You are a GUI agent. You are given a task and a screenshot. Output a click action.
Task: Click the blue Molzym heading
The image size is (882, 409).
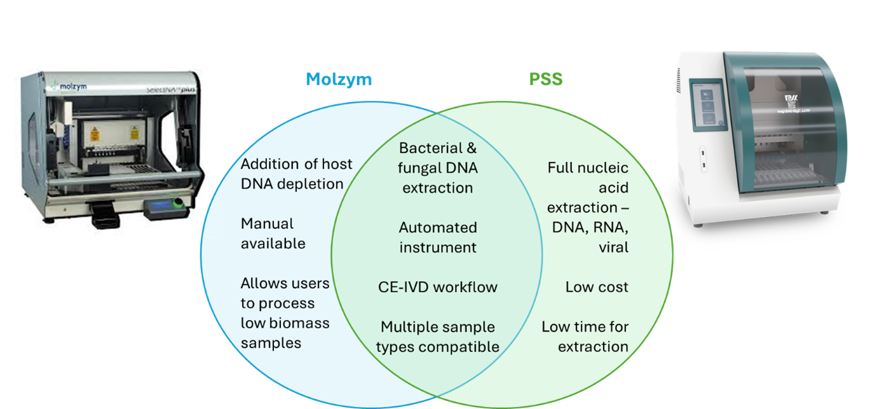pyautogui.click(x=339, y=79)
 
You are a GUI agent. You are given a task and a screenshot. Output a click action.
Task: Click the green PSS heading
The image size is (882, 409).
pyautogui.click(x=546, y=79)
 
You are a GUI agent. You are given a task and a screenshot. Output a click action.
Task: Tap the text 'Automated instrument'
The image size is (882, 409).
pyautogui.click(x=438, y=237)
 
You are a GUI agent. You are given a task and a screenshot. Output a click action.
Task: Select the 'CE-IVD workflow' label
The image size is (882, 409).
pyautogui.click(x=438, y=287)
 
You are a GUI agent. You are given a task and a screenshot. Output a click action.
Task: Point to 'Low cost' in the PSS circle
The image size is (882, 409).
pyautogui.click(x=597, y=287)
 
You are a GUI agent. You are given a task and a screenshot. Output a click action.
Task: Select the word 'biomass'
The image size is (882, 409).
pyautogui.click(x=300, y=323)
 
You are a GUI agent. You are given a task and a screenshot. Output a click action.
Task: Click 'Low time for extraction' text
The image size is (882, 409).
pyautogui.click(x=585, y=336)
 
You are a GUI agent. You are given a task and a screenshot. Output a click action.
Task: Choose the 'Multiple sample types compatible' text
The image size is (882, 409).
pyautogui.click(x=438, y=336)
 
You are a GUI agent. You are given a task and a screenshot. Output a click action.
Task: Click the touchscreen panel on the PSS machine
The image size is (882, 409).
pyautogui.click(x=710, y=103)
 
